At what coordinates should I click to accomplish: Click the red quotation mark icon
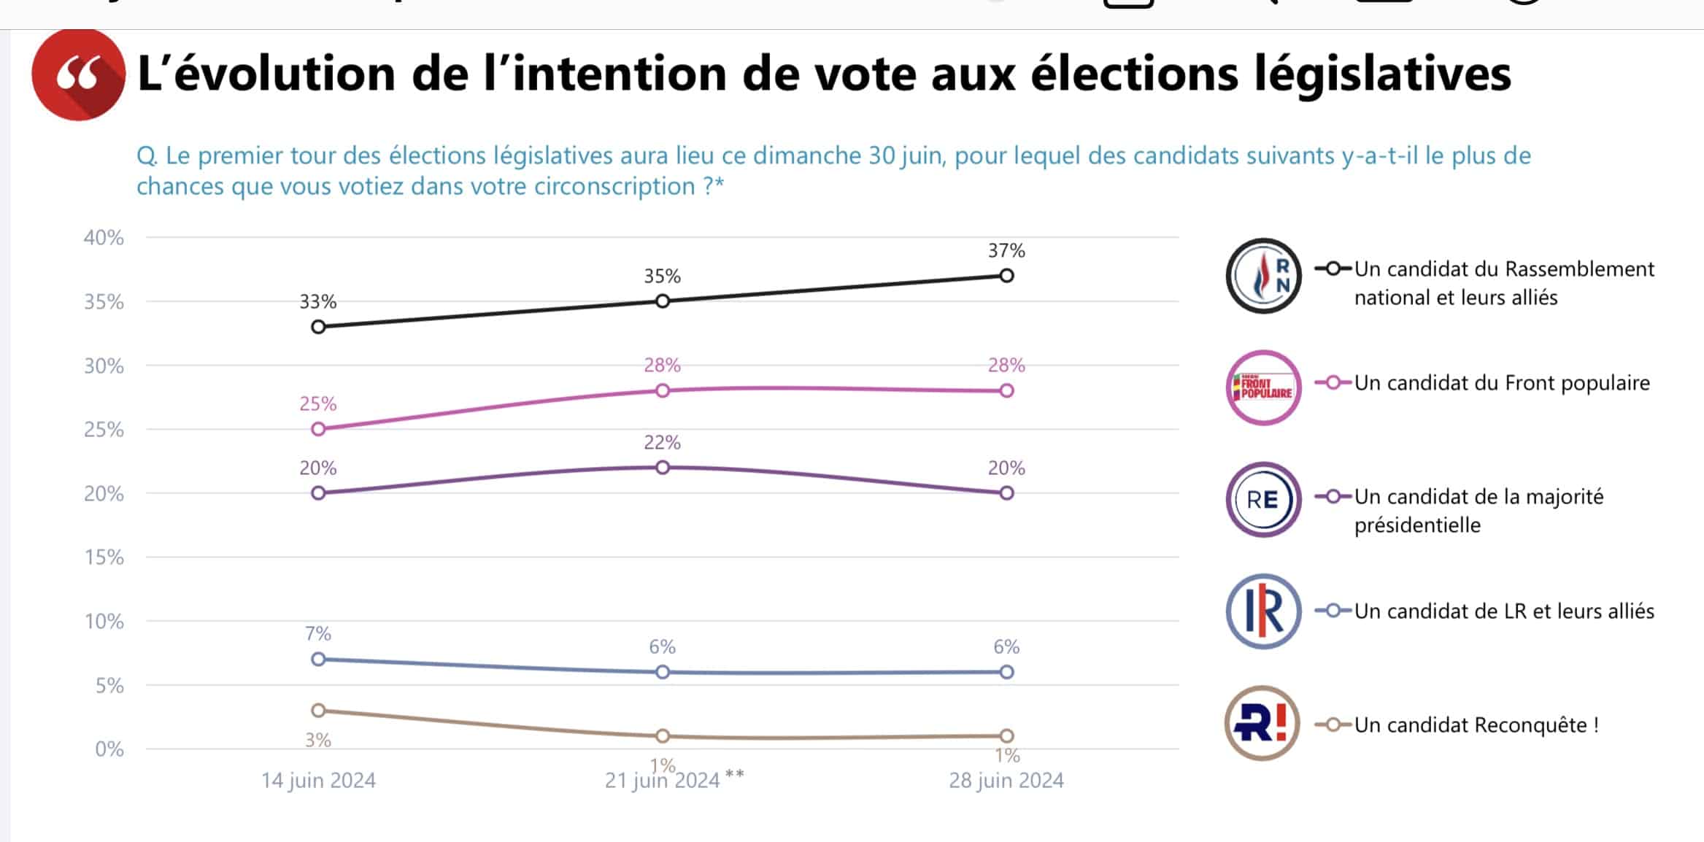(x=79, y=74)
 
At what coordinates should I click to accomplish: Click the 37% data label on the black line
(x=1006, y=251)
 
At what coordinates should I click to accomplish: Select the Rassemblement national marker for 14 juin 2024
(x=318, y=327)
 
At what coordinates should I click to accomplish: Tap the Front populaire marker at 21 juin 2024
(x=663, y=390)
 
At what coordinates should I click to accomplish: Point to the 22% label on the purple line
(x=662, y=442)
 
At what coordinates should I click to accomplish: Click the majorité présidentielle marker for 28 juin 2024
(x=1006, y=493)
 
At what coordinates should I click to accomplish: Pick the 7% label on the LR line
(x=318, y=633)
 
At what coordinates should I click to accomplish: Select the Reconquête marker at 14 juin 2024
(x=318, y=711)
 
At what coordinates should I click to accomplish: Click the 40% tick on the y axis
(x=104, y=238)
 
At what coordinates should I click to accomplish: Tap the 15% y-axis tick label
(x=104, y=557)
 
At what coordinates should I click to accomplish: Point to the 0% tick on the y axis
(x=109, y=749)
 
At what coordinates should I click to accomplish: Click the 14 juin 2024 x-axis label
(x=318, y=781)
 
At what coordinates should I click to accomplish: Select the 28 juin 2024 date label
(x=1006, y=781)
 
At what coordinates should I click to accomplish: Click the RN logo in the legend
(x=1263, y=276)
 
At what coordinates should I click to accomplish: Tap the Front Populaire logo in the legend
(x=1263, y=387)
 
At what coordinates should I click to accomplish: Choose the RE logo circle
(x=1263, y=500)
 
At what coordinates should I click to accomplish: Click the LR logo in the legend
(x=1263, y=611)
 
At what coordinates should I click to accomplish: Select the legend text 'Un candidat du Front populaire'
(x=1502, y=384)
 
